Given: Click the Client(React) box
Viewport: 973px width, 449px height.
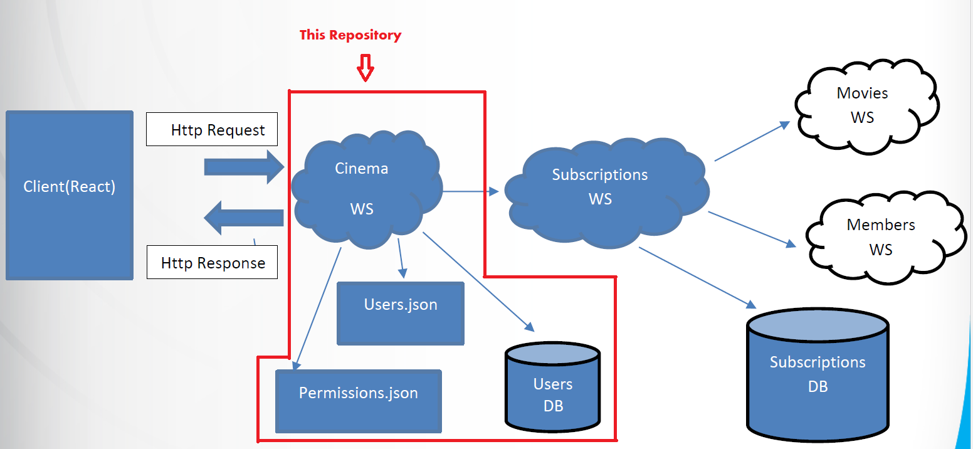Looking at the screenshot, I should tap(69, 194).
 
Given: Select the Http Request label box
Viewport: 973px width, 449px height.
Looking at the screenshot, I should tap(212, 130).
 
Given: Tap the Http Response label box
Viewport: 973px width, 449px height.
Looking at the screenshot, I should tap(212, 262).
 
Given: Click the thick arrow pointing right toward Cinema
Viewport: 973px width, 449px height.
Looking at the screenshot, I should tap(245, 167).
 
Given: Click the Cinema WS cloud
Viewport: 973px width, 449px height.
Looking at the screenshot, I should tap(362, 188).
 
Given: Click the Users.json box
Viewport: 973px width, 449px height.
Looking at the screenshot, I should tap(401, 313).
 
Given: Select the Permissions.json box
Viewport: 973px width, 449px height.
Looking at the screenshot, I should tap(358, 401).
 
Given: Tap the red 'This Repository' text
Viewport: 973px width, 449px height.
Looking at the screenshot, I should tap(350, 35).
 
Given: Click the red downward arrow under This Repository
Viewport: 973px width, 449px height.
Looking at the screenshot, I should tap(366, 67).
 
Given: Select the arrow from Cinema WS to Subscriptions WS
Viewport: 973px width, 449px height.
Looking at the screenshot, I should tap(470, 191).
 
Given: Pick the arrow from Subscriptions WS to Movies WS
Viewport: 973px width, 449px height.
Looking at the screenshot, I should tap(752, 142).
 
